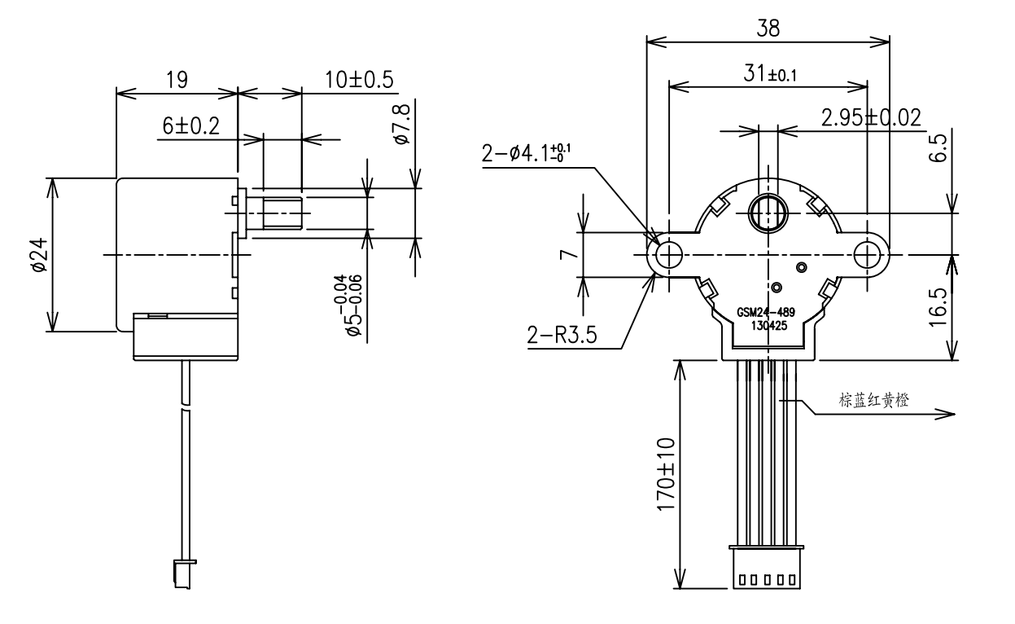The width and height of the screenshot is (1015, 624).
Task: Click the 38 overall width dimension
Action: [x=768, y=28]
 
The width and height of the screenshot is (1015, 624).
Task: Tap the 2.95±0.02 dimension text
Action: [x=871, y=118]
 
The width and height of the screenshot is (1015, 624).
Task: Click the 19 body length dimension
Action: [x=177, y=80]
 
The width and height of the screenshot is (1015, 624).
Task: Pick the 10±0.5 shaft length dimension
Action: [x=359, y=80]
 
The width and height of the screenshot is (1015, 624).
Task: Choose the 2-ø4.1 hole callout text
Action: [x=530, y=154]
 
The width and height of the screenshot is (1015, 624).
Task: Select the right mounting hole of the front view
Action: [x=867, y=255]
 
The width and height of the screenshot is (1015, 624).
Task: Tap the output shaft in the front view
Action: [x=767, y=213]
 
